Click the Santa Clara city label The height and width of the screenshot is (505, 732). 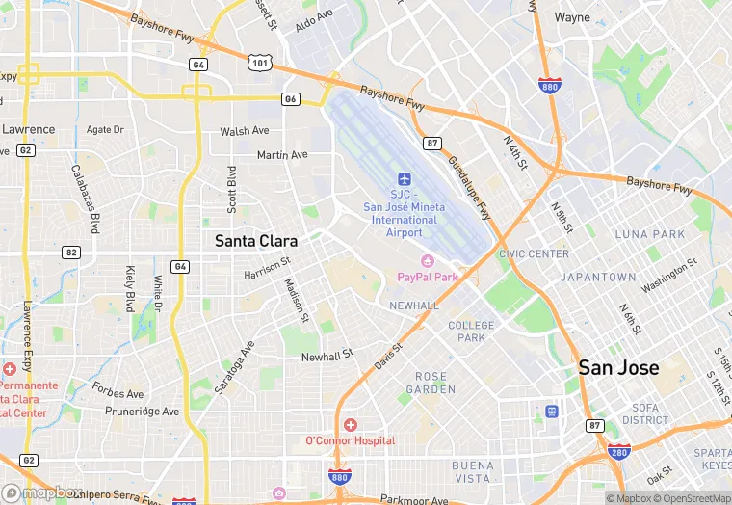[256, 241]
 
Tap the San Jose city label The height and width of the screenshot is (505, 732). [618, 368]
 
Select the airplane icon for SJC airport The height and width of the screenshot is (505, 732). [405, 180]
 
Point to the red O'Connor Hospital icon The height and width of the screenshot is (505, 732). [350, 425]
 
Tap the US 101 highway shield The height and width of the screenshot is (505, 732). [258, 62]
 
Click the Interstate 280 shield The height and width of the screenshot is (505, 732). [617, 451]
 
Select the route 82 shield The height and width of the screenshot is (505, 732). [70, 252]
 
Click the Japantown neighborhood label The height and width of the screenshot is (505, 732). [599, 277]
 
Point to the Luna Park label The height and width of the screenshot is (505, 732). [650, 234]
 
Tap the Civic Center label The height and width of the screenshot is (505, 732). [534, 254]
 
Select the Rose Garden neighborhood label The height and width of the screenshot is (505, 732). [436, 383]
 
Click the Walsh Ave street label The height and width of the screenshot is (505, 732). [244, 131]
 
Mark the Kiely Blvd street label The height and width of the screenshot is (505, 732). [129, 288]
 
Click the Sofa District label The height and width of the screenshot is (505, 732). [645, 413]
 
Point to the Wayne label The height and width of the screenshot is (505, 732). [572, 17]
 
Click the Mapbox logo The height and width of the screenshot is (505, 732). [39, 492]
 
